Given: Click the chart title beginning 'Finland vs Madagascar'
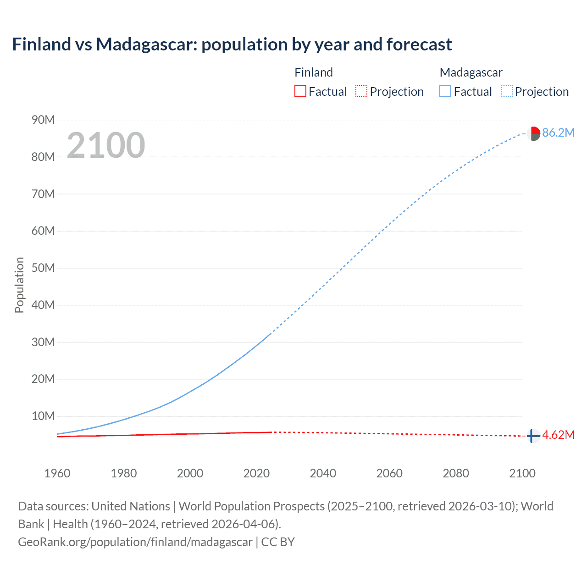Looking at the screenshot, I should [232, 44].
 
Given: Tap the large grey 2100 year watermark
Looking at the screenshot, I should [106, 145].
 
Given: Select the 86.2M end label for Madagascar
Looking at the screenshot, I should [558, 133].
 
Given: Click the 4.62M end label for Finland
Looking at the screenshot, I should [558, 435].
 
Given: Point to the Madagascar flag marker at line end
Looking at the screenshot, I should [533, 133].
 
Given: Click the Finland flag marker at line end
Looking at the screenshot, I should [532, 436].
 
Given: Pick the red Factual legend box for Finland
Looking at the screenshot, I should [300, 92].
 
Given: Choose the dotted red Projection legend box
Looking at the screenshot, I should [361, 92].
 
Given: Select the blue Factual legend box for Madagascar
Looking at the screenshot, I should [445, 92].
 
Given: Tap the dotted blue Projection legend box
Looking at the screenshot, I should [507, 92].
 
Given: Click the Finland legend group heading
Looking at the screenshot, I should [314, 72].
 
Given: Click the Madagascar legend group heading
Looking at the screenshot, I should [471, 72].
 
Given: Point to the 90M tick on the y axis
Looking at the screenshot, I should [43, 120].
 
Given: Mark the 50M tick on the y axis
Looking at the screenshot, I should [43, 268].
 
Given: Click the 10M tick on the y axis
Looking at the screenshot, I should [43, 416].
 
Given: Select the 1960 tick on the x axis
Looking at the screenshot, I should [57, 473].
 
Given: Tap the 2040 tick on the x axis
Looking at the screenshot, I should [323, 473].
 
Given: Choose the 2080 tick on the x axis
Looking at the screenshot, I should [456, 473].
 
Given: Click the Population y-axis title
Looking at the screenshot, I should [19, 285].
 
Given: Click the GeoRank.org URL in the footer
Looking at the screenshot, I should [135, 542].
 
